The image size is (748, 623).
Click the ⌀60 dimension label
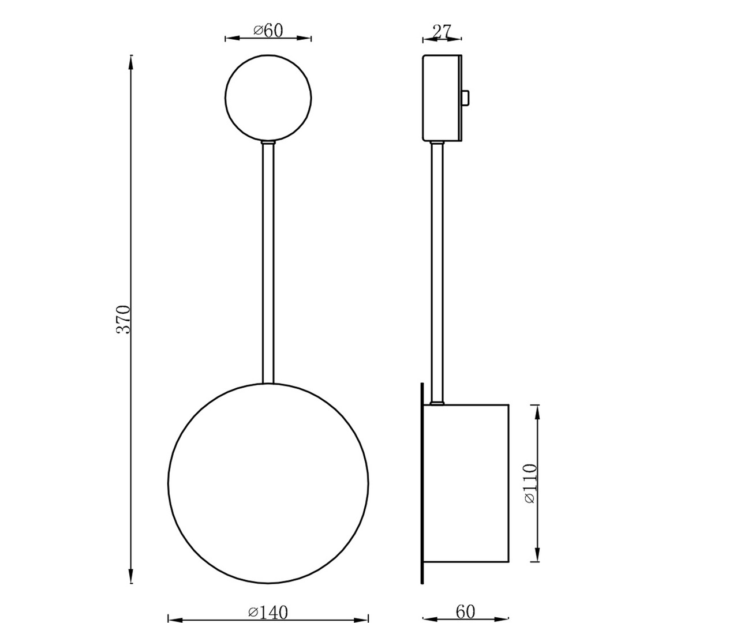point(268,30)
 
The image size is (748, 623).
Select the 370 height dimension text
point(124,318)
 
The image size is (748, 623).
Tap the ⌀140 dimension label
point(268,612)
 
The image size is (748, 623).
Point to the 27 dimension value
point(442,31)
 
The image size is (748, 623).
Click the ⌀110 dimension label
point(530,483)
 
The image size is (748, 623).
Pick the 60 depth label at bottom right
point(465,611)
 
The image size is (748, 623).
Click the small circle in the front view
point(268,97)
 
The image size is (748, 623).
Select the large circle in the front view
point(268,483)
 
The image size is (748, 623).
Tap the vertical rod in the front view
point(268,262)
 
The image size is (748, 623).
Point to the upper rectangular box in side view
point(442,97)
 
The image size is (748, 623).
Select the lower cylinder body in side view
point(466,483)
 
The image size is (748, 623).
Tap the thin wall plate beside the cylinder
point(422,483)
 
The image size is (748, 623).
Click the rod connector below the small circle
point(268,142)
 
